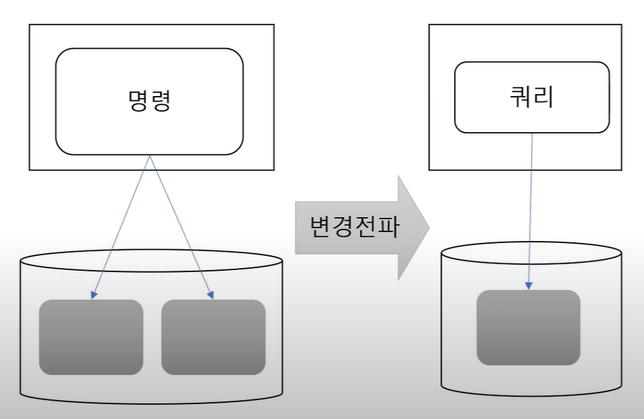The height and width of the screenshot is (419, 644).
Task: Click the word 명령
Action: [149, 101]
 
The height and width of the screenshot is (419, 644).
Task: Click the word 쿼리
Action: [531, 97]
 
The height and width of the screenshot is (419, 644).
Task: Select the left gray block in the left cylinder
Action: [91, 337]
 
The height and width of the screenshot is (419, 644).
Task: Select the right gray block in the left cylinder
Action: [213, 337]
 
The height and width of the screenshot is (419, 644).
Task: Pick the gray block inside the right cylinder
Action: [528, 328]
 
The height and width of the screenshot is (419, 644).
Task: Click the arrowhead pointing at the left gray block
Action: [93, 295]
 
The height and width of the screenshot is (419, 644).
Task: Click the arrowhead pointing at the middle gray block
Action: [210, 295]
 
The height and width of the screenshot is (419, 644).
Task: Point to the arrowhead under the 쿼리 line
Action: [529, 286]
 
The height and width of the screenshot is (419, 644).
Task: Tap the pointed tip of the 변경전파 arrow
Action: [428, 227]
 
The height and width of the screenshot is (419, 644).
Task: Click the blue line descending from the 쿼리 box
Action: [531, 203]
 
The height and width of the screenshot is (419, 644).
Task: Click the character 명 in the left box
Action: [137, 101]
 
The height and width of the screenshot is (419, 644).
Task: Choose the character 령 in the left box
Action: [161, 101]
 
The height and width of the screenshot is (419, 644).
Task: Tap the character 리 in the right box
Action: [543, 97]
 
